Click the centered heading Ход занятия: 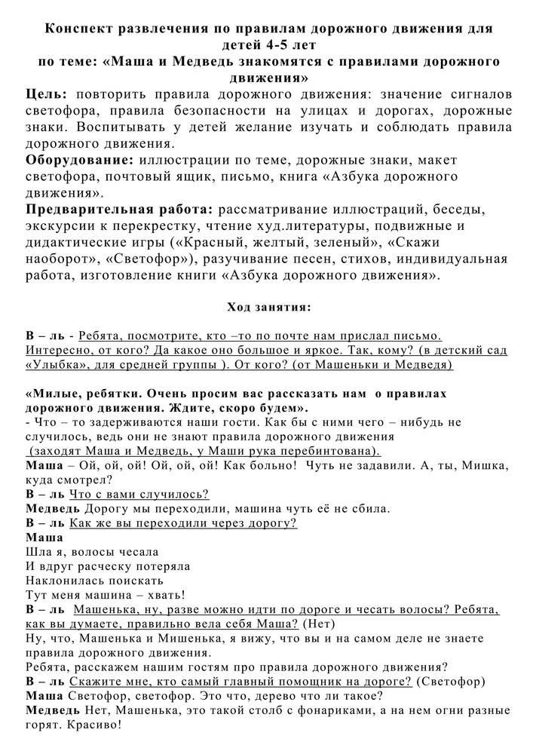pos(268,307)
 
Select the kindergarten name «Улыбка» pos(56,365)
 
